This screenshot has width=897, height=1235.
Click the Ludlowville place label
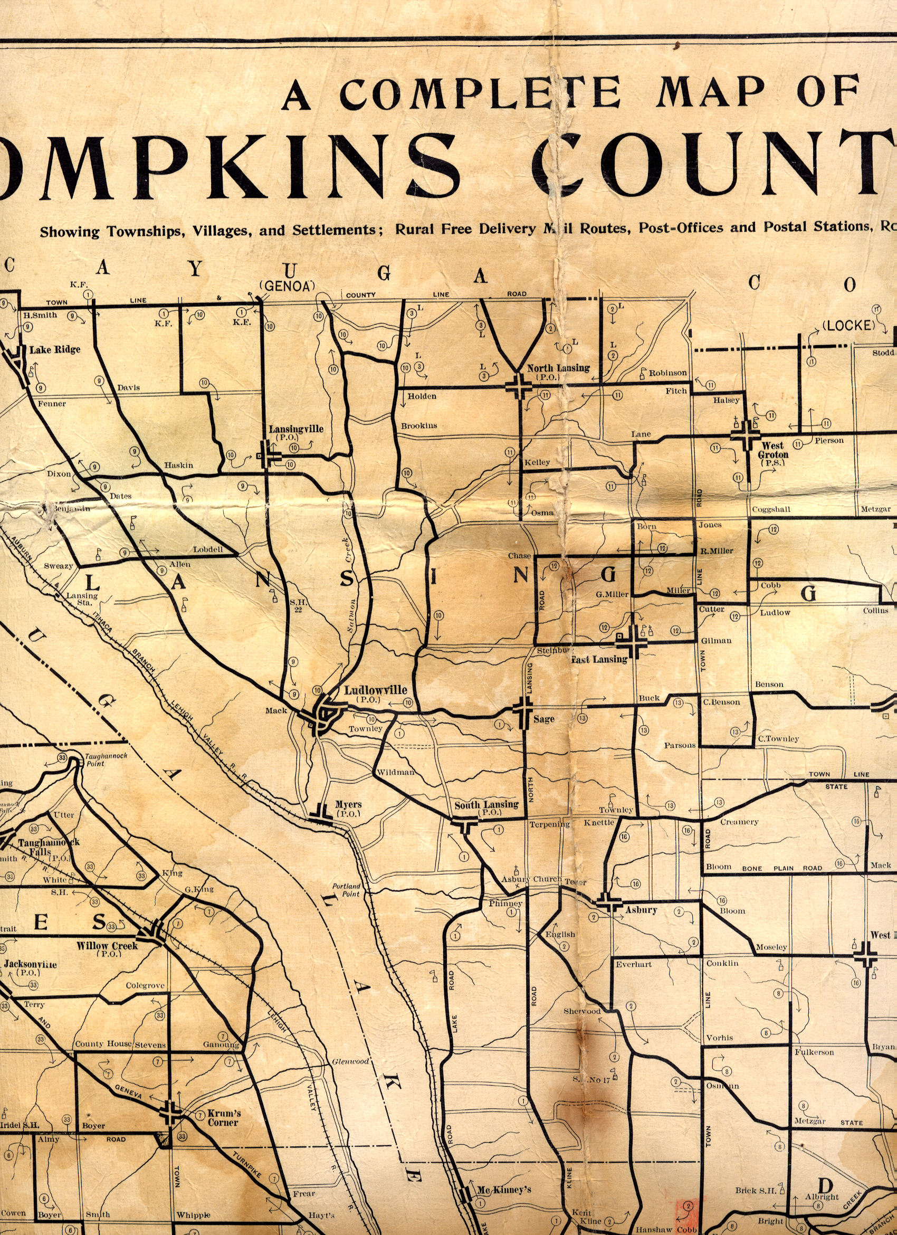375,690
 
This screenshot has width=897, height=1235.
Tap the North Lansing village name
558,368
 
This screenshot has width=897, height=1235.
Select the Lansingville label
295,429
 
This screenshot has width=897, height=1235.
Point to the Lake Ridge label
54,349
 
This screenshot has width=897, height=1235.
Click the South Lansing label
486,805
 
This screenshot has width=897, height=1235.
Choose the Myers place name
348,804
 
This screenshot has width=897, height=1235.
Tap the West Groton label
773,450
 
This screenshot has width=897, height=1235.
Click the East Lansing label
599,659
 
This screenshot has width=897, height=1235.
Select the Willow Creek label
107,946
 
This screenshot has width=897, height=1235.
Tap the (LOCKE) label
848,326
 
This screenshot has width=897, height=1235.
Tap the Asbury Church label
531,879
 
